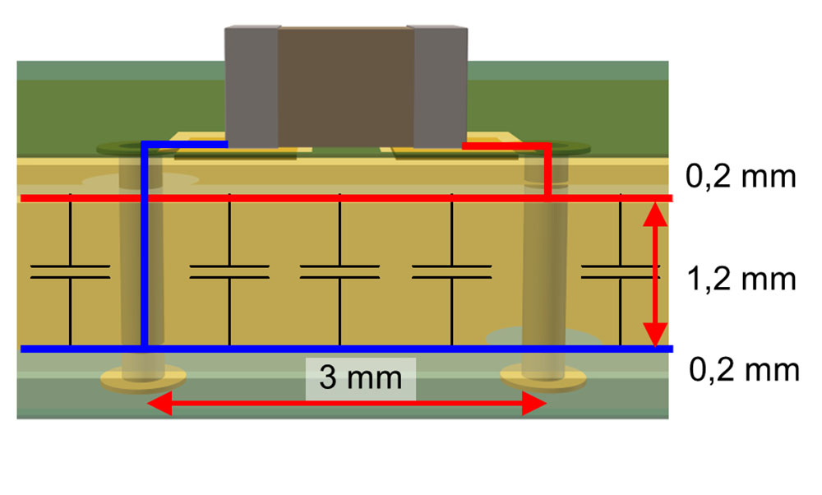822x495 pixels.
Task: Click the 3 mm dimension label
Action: coord(361,378)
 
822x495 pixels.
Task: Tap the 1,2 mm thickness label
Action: coord(741,280)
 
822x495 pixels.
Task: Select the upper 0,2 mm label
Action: coord(741,177)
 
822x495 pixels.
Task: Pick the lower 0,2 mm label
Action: coord(743,370)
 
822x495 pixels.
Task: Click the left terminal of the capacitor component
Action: coord(252,86)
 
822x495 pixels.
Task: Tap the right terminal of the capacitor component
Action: coord(441,86)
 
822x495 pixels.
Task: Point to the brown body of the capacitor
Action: coord(346,86)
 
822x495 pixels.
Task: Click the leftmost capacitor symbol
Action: coord(70,272)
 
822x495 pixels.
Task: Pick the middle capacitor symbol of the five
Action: coord(339,272)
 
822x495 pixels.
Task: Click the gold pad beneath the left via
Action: coord(144,379)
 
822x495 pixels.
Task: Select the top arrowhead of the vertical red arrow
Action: coord(655,212)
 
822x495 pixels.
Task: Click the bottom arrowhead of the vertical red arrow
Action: coord(655,335)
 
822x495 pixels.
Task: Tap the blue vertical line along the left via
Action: coord(144,247)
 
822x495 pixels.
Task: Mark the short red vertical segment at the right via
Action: coord(547,173)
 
